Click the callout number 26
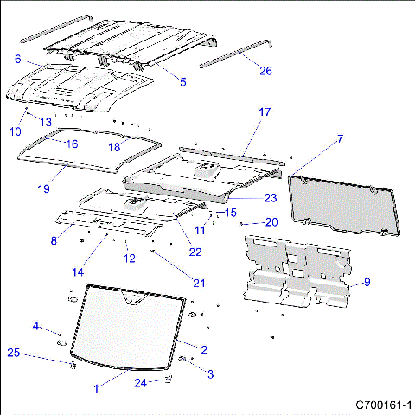[x=265, y=71]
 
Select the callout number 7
[x=340, y=138]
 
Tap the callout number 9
[x=367, y=282]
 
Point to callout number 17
[x=265, y=112]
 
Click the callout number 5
[x=182, y=81]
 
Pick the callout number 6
[x=17, y=59]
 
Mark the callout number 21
[x=200, y=283]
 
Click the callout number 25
[x=14, y=353]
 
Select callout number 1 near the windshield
[x=96, y=389]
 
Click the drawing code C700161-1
[x=383, y=405]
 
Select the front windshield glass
[x=130, y=324]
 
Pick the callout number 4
[x=35, y=326]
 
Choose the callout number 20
[x=271, y=222]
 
